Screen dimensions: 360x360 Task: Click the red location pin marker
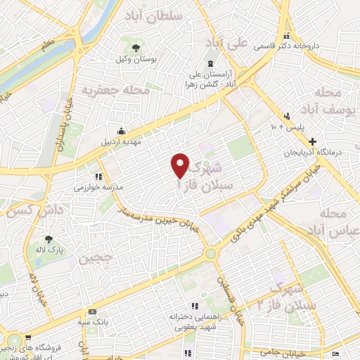[181, 165]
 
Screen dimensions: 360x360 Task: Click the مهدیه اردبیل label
[121, 142]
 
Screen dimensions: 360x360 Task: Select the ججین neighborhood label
[95, 259]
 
